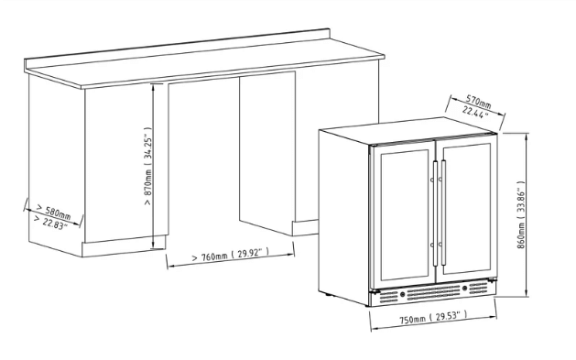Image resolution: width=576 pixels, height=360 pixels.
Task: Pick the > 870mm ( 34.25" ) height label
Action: coord(147,169)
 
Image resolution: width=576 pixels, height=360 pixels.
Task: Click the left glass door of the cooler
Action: coord(402,216)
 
